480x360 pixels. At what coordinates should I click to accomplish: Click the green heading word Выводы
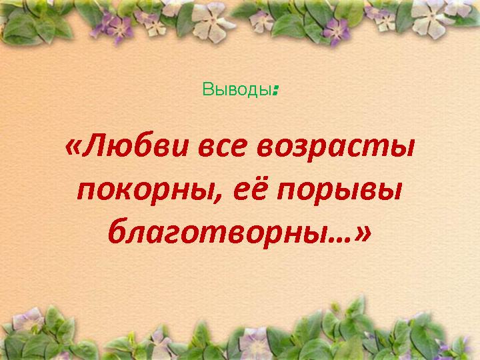(237, 90)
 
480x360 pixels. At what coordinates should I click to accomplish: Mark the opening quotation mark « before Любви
(73, 147)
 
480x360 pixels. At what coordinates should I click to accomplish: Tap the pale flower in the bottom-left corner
(28, 319)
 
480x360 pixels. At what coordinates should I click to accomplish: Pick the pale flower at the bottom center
(255, 342)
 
